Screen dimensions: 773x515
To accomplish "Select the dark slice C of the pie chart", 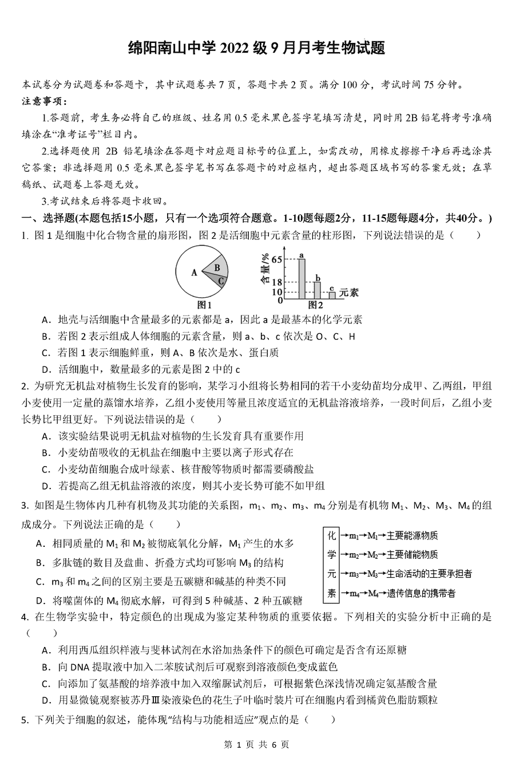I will [220, 279].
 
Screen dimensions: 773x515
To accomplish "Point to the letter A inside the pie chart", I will [194, 273].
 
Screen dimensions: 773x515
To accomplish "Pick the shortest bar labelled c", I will [332, 295].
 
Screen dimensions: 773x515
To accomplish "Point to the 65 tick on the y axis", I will [276, 259].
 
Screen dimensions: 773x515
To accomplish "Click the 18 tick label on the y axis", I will [276, 282].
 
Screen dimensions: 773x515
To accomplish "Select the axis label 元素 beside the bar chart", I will [348, 292].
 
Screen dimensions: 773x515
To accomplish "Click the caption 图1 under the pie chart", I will [204, 305].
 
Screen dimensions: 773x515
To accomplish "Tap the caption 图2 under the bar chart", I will [316, 305].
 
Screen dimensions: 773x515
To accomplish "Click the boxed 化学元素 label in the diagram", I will [331, 565].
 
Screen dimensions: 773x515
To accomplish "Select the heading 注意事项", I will [44, 102].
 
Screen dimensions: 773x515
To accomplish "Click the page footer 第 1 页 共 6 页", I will [257, 745].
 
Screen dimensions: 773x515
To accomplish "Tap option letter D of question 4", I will [46, 700].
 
